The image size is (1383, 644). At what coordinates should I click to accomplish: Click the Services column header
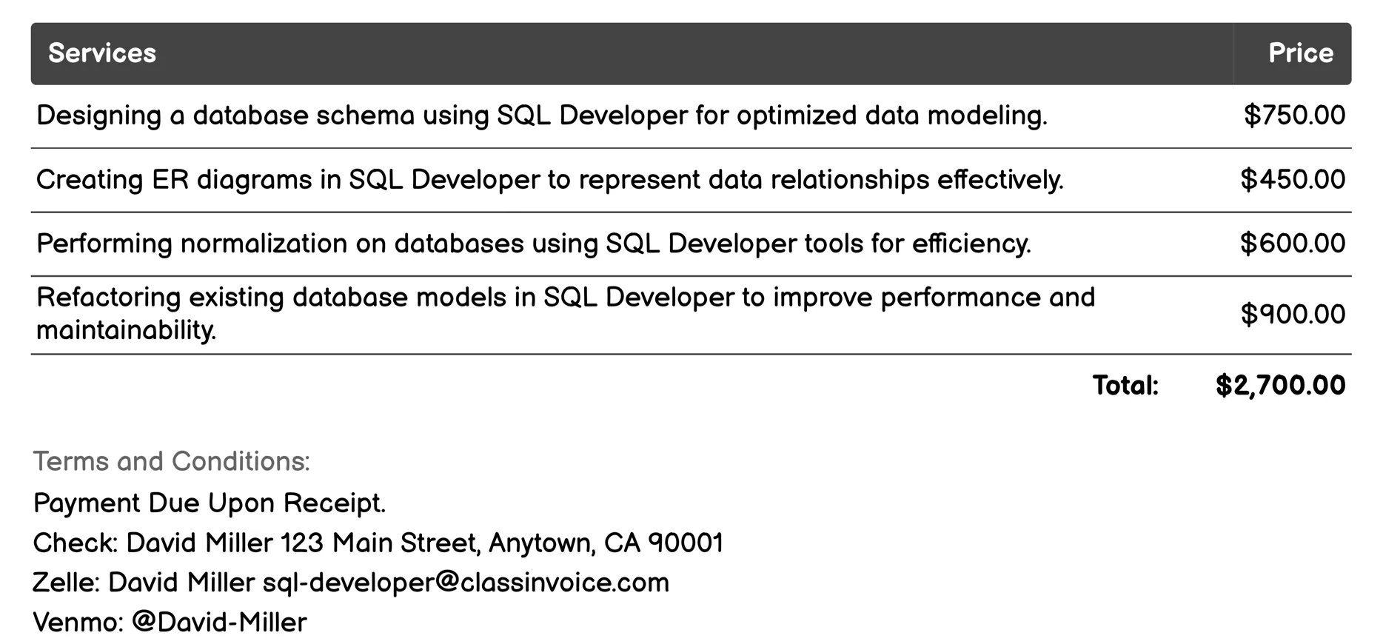[102, 53]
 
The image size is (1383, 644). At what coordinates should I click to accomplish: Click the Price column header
[1300, 53]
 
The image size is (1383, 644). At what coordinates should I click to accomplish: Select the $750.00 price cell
[1294, 115]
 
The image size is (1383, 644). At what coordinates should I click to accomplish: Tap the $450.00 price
[1293, 180]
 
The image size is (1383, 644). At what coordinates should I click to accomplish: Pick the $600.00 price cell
[1293, 244]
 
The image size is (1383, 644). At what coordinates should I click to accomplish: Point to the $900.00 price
[1293, 315]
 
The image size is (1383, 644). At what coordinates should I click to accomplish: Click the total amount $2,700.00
[1280, 386]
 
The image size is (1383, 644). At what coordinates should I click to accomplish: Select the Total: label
[1125, 386]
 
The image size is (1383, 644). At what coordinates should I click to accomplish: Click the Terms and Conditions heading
[171, 461]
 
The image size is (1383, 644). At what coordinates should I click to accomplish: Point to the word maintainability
[126, 330]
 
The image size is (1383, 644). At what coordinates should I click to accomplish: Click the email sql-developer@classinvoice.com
[466, 583]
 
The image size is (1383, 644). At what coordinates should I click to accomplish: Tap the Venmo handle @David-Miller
[219, 623]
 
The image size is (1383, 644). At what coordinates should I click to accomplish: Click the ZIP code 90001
[686, 543]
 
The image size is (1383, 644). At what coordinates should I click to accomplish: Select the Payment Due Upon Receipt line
[210, 503]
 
